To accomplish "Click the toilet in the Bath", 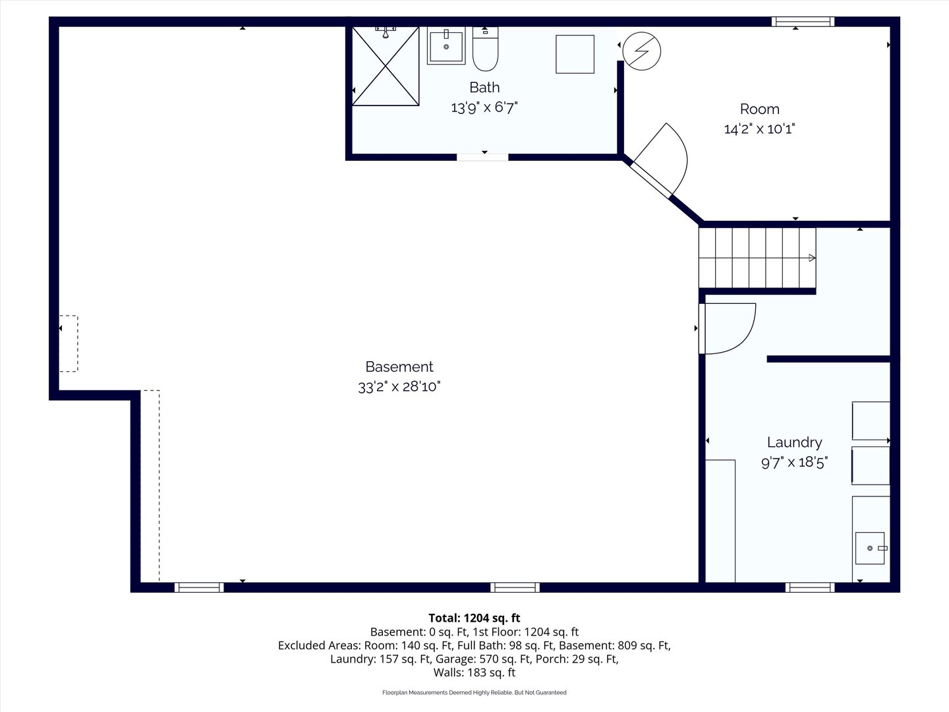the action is coord(485,48).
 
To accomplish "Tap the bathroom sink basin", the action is coord(446,46).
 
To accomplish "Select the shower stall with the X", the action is coord(386,66).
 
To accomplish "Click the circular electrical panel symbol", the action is coord(642,51).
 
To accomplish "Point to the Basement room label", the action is coord(399,367).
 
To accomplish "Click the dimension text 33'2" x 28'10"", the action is coord(399,386).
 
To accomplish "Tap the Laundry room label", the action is coord(795,442).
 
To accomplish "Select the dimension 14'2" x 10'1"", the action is coord(760,129).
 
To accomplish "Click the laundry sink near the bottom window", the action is coord(871,548).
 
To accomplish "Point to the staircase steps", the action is coord(757,258).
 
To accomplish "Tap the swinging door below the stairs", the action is coord(727,328).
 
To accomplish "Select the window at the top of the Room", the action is coord(803,22).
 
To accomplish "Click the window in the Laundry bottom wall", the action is coord(810,587).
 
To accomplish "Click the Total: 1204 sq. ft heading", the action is coord(474,618).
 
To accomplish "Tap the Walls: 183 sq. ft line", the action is coord(474,672).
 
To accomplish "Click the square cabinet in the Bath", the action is coord(575,55).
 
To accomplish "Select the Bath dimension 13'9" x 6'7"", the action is coord(484,107).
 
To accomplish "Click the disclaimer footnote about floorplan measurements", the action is coord(474,692).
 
